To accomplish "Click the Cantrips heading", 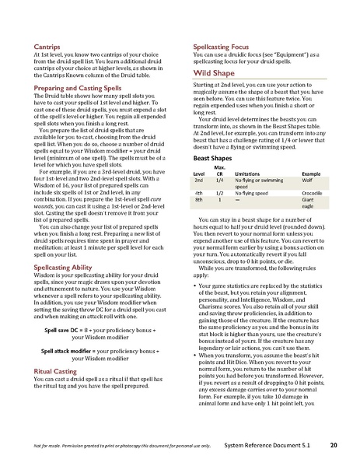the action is tap(46, 47).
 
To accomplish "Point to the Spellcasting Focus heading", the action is tap(220, 47).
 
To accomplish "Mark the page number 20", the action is tap(333, 445).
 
